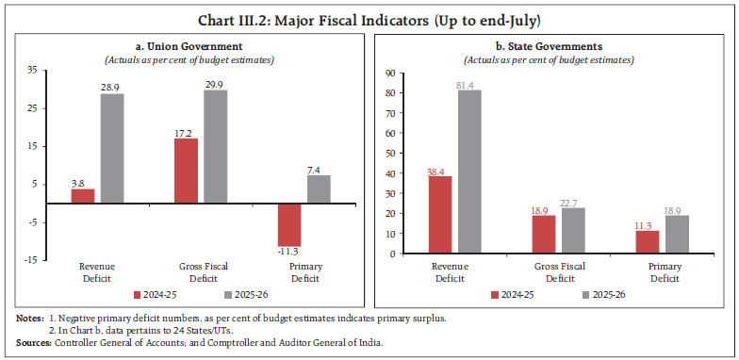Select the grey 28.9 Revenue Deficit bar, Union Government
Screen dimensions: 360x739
(113, 148)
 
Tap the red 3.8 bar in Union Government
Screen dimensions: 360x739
(83, 196)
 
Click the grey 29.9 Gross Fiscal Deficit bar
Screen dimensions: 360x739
(216, 146)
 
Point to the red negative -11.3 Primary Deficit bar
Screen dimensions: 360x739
(289, 224)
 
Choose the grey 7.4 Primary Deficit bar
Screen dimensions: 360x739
(319, 189)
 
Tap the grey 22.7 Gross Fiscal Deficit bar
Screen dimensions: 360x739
(572, 231)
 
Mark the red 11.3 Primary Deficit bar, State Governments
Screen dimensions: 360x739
(647, 242)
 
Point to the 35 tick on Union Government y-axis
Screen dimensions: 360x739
(33, 70)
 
